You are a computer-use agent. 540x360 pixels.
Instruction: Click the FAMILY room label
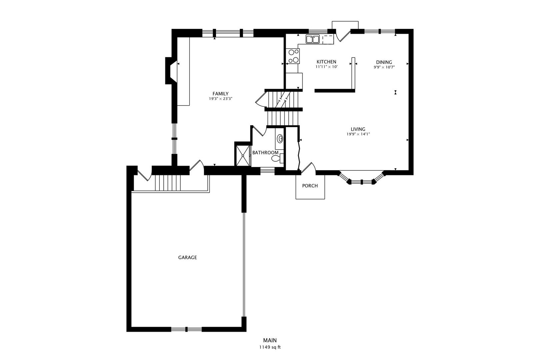click(x=220, y=94)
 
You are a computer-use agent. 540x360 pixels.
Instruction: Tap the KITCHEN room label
click(x=326, y=62)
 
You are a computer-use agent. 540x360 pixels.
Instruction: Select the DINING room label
click(x=384, y=62)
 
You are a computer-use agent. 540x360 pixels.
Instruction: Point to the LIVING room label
click(x=358, y=129)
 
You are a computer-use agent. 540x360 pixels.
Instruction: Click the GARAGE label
click(x=187, y=257)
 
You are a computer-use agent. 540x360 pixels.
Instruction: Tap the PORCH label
click(x=310, y=186)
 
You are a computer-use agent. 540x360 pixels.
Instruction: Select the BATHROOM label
click(x=265, y=153)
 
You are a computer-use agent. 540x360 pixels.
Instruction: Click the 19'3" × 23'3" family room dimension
click(x=220, y=99)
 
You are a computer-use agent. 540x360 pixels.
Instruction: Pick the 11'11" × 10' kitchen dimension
click(x=326, y=67)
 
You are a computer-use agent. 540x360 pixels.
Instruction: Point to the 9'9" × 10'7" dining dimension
click(x=384, y=67)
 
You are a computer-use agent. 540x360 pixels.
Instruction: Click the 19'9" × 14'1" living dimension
click(x=358, y=134)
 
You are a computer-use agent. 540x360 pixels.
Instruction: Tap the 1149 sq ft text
click(x=270, y=347)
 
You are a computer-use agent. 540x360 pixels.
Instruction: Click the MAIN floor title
click(x=270, y=340)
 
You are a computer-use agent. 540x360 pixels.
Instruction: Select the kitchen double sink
click(x=313, y=39)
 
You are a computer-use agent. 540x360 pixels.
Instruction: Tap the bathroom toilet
click(x=277, y=158)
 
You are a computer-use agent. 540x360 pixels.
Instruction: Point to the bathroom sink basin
click(x=280, y=138)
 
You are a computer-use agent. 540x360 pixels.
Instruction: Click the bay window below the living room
click(x=361, y=181)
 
